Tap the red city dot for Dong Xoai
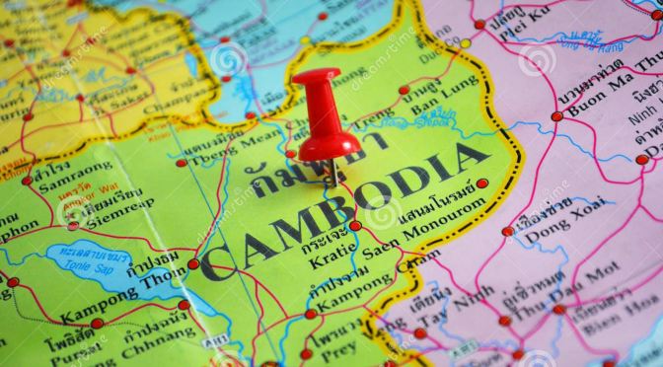click(x=507, y=232)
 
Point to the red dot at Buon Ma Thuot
click(x=557, y=115)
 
